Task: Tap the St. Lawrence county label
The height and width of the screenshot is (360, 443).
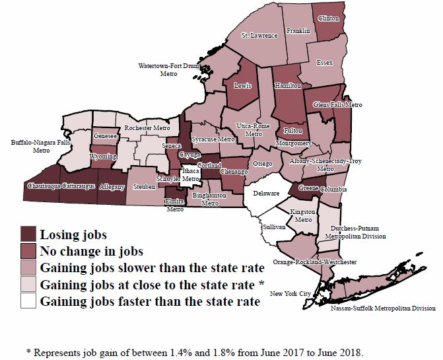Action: pos(259,35)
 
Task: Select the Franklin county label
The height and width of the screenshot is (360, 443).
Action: pos(298,30)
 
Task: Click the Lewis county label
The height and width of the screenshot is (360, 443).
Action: pos(243,85)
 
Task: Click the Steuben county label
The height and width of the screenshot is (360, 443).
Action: pos(143,187)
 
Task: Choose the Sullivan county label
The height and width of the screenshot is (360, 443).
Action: pos(273,226)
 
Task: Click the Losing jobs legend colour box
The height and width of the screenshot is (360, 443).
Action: pos(27,234)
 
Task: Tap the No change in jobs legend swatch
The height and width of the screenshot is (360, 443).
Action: pos(27,251)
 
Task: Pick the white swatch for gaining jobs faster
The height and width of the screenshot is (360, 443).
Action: pos(27,301)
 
